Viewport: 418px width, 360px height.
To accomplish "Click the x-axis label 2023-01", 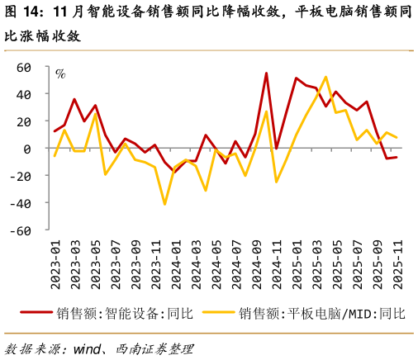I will tap(56, 265).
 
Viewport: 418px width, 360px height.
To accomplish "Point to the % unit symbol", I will tap(60, 73).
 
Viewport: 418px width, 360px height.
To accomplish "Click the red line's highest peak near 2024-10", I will tap(266, 73).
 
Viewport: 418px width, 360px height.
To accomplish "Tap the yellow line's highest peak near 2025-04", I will tap(325, 77).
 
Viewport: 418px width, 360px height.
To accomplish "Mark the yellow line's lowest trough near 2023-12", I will tap(165, 204).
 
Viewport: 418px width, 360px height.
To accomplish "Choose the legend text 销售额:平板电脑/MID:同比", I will tap(322, 314).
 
